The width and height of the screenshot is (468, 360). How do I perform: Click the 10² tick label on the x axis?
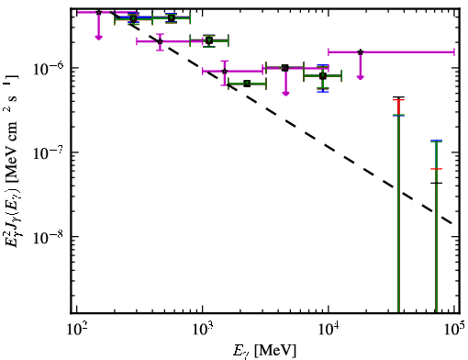(x=76, y=330)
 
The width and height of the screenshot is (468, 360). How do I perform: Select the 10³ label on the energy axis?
(x=203, y=330)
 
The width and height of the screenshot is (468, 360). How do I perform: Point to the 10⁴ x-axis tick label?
(x=329, y=330)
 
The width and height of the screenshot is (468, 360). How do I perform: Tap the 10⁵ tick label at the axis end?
(x=454, y=330)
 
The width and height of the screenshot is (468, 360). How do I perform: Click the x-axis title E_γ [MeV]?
(x=264, y=351)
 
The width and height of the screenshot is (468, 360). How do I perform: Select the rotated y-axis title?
(x=12, y=162)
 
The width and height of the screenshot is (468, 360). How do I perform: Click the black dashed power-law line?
(x=281, y=118)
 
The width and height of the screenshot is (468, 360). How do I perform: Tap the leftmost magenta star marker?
(x=98, y=12)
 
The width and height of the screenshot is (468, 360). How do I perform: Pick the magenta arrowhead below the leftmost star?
(x=98, y=38)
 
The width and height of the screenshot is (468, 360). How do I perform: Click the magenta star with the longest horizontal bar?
(x=361, y=52)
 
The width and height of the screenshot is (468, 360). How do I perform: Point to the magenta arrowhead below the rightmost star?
(x=361, y=77)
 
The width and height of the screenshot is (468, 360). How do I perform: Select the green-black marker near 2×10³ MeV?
(x=247, y=84)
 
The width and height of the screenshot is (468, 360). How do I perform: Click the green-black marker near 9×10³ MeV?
(x=323, y=75)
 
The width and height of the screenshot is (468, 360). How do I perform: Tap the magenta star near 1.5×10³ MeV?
(x=225, y=72)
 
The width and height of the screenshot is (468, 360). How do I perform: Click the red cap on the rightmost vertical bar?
(x=436, y=169)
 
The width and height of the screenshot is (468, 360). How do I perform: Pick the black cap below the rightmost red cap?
(x=436, y=183)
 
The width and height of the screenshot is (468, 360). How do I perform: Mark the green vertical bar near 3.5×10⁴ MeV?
(x=398, y=214)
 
